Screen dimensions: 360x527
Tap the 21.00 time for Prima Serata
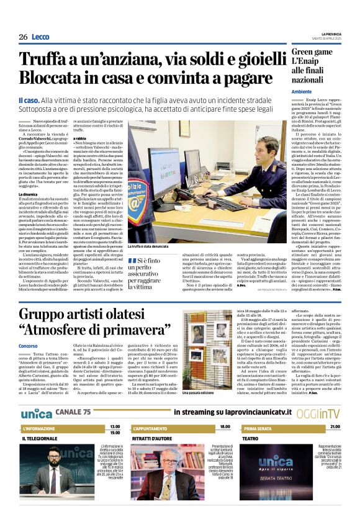pyautogui.click(x=335, y=427)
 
